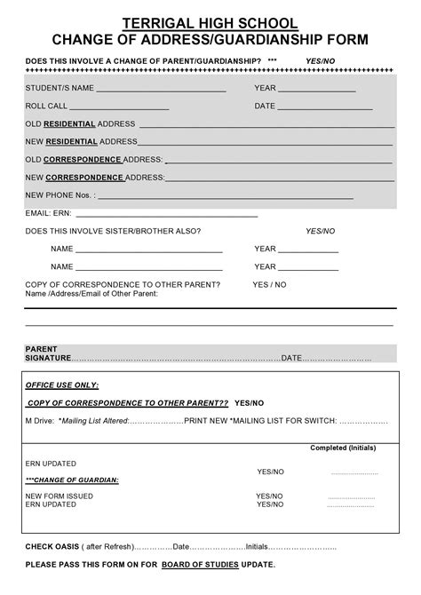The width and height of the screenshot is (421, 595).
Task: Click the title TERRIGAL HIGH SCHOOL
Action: click(x=210, y=23)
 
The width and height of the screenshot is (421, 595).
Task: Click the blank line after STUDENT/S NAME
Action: click(x=161, y=91)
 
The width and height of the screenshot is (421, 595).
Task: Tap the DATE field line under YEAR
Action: click(x=325, y=108)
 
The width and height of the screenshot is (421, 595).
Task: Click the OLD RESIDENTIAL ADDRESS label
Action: click(x=80, y=123)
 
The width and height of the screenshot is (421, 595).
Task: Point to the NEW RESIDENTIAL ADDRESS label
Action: click(x=81, y=141)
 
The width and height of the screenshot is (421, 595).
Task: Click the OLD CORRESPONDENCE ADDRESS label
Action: click(x=93, y=159)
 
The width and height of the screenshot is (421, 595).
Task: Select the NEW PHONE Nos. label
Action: click(x=59, y=194)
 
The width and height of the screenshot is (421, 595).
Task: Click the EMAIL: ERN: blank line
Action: click(x=168, y=215)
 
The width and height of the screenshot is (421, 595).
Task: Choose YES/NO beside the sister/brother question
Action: click(x=320, y=231)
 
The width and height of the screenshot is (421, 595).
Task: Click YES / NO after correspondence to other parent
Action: click(x=269, y=284)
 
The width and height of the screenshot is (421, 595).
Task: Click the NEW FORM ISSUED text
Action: click(x=59, y=496)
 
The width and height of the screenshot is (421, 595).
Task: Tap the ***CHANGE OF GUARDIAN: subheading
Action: click(x=72, y=480)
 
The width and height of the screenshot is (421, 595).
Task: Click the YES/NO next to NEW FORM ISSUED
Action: click(x=270, y=496)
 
